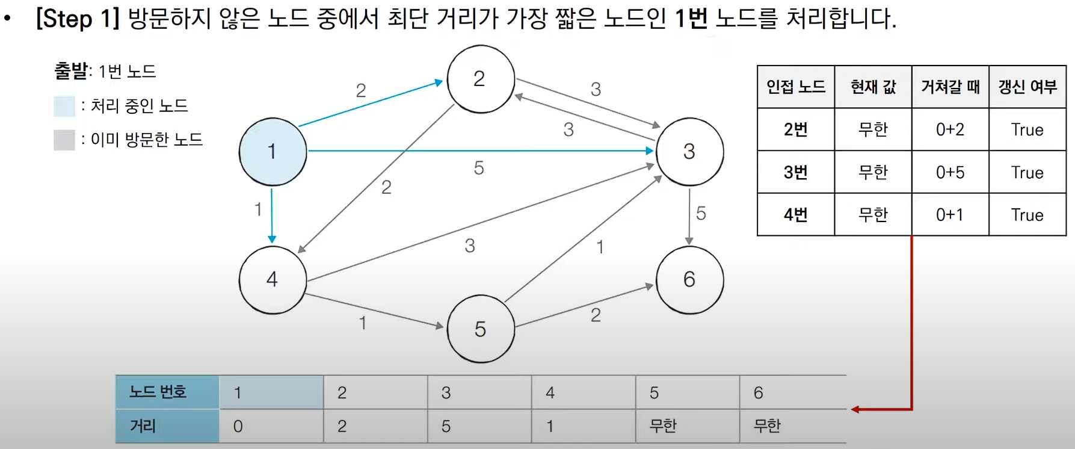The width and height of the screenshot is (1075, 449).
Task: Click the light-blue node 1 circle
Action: point(273,152)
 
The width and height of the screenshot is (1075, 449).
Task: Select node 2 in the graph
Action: point(480,79)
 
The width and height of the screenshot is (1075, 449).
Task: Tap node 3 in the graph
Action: point(689,152)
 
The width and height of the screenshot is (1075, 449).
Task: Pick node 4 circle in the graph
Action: point(273,280)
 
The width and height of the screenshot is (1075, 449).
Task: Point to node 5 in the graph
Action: point(480,329)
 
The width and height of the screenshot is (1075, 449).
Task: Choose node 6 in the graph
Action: point(689,280)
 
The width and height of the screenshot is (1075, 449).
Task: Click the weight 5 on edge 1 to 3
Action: point(479,168)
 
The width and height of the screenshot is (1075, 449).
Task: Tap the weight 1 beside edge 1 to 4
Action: point(258,209)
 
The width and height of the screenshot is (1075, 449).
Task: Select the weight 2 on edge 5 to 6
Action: point(596,315)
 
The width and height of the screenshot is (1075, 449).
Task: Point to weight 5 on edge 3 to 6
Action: point(701,214)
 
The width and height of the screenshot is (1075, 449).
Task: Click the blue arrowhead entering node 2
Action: point(439,82)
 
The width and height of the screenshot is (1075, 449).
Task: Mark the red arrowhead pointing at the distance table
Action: point(855,409)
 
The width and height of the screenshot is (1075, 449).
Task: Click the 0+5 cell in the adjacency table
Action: point(950,172)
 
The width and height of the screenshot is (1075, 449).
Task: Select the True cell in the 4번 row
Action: point(1027,215)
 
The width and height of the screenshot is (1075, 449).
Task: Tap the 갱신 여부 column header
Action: point(1027,87)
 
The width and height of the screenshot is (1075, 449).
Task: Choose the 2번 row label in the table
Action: point(795,129)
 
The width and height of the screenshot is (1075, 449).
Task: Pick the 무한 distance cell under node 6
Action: point(767,426)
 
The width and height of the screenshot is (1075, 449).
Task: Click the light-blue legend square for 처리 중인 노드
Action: point(64,106)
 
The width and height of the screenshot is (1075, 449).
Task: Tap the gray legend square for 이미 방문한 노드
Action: point(64,140)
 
